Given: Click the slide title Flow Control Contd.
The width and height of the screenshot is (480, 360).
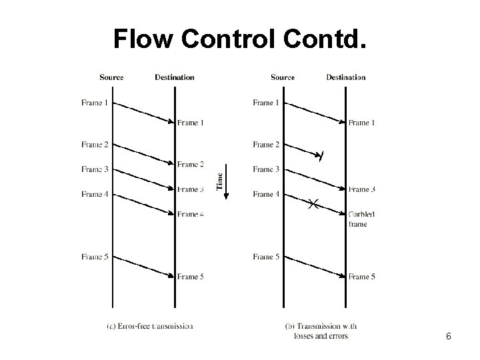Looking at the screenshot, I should [239, 40].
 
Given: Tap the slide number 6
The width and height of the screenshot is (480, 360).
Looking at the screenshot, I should [448, 337].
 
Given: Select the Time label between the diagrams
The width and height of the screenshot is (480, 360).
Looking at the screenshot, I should [219, 181].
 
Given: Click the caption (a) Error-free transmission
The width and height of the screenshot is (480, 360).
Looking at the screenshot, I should [149, 326].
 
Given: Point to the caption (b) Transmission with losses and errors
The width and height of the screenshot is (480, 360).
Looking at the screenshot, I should [321, 331].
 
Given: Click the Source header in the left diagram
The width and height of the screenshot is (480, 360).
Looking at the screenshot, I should [111, 77].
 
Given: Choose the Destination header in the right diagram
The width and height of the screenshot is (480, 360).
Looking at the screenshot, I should [345, 77].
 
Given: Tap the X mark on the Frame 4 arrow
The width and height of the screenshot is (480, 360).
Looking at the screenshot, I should [313, 203].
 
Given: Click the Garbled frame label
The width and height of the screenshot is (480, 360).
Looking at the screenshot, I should [361, 219].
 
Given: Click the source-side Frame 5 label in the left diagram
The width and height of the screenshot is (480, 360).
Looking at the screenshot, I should [94, 257].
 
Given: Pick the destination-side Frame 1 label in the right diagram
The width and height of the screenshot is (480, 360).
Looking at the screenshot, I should [362, 123].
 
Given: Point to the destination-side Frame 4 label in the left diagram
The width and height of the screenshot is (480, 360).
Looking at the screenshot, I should [191, 214].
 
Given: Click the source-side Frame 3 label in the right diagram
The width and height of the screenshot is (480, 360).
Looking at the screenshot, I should [266, 169].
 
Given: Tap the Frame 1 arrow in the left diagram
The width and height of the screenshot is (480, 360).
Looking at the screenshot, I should [143, 112].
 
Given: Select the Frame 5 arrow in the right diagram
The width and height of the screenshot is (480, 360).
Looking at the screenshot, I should [314, 267].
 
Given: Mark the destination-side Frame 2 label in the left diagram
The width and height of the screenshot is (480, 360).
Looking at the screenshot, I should [191, 165].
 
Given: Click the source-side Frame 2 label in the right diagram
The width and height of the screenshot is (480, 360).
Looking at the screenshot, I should [266, 145].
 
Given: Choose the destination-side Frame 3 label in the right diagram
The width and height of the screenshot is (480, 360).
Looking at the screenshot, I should [362, 189].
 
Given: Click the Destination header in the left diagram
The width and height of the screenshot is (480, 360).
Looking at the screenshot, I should [174, 77].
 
